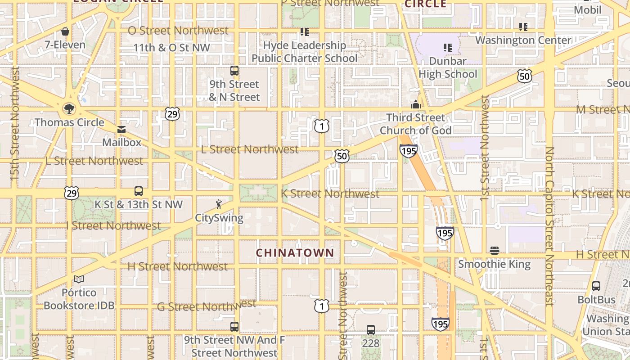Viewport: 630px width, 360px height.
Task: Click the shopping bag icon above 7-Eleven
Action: click(x=65, y=31)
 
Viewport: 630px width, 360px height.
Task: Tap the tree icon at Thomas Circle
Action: click(x=69, y=108)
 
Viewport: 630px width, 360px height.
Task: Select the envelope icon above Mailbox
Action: click(x=121, y=130)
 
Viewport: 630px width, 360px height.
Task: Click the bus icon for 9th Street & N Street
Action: click(x=234, y=71)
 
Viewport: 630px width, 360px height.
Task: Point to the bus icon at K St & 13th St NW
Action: click(x=139, y=191)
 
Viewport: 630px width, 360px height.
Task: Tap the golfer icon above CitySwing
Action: click(x=219, y=204)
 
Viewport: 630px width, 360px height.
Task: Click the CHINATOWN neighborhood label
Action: click(x=295, y=253)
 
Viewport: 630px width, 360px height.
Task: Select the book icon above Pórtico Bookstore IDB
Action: click(x=79, y=279)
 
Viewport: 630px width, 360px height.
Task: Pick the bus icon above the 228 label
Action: click(x=370, y=330)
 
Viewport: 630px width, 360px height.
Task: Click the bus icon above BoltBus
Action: click(x=596, y=286)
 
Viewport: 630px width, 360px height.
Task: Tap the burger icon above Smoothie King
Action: click(x=494, y=251)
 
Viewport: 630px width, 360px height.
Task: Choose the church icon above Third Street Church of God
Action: click(x=415, y=104)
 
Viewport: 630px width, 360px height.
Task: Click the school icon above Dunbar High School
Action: click(x=447, y=47)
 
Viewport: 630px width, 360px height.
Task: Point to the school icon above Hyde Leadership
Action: click(x=305, y=32)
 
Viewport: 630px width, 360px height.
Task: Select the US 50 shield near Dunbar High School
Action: click(x=524, y=76)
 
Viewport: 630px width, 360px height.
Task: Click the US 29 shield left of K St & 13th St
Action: click(x=71, y=193)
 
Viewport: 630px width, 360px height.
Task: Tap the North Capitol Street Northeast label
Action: click(x=549, y=226)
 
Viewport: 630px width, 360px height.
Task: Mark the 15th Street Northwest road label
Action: click(x=15, y=124)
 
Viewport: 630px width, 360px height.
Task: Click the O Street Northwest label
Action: click(x=178, y=31)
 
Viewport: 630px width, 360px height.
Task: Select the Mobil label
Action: click(x=587, y=10)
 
